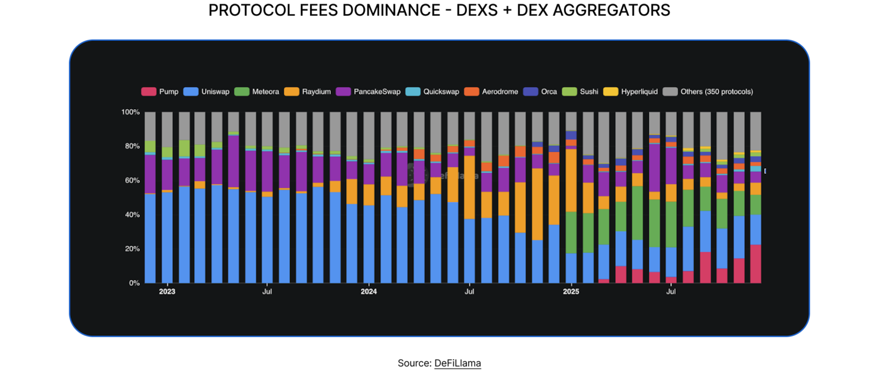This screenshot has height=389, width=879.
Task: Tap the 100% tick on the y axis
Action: click(x=131, y=112)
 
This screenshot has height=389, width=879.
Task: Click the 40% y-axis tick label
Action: click(x=132, y=215)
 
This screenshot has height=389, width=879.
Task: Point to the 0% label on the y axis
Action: click(x=134, y=283)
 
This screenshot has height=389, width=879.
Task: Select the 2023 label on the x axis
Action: click(x=167, y=292)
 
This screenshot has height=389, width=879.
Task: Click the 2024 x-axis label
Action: click(x=369, y=292)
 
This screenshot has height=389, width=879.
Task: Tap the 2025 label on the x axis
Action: click(x=571, y=292)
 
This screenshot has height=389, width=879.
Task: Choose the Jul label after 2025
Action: click(x=671, y=292)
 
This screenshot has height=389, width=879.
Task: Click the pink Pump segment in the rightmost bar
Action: click(x=755, y=263)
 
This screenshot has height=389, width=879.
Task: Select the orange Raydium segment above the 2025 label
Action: click(x=571, y=180)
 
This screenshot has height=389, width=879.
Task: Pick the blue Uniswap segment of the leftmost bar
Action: click(x=150, y=238)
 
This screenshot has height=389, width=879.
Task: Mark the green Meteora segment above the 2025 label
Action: click(x=571, y=232)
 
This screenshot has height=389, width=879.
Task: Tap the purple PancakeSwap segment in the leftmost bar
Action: click(x=150, y=174)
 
